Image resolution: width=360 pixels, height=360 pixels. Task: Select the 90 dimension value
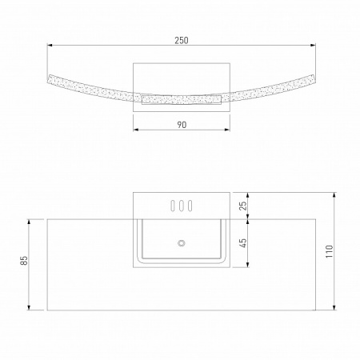[181, 125]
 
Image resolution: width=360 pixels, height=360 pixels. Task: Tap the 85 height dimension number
[24, 261]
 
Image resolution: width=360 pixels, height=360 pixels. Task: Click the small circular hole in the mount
[181, 242]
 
